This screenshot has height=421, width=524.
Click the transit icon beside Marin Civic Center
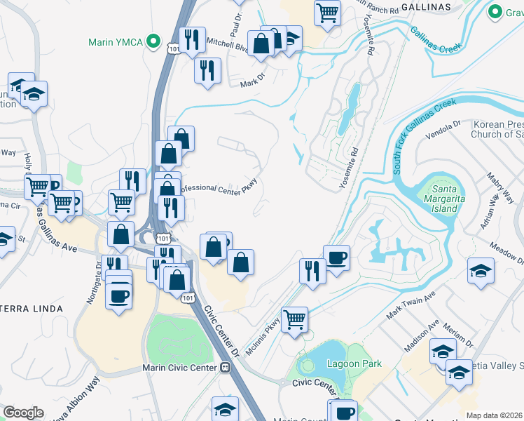coord(226,367)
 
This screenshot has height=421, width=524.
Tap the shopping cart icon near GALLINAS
coord(327,12)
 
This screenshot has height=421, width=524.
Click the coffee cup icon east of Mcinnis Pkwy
coord(336,257)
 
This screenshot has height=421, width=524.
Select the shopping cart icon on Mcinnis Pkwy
coord(295,319)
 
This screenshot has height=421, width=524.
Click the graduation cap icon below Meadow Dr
coord(480,271)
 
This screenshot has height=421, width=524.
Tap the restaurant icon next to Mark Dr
coord(207,69)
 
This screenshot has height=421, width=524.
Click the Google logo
coord(22,413)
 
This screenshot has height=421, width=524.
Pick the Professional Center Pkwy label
coord(219,186)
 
